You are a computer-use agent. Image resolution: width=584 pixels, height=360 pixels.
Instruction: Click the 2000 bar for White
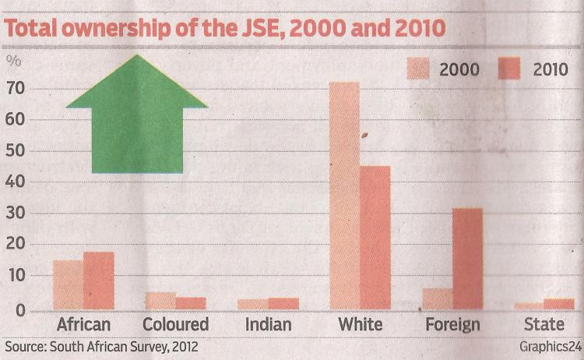tap(344, 196)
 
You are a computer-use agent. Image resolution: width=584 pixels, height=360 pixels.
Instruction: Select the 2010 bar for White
tap(375, 238)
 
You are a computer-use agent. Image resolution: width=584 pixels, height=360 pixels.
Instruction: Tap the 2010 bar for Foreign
tap(467, 259)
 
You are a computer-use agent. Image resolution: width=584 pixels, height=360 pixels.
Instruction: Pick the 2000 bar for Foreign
tap(437, 299)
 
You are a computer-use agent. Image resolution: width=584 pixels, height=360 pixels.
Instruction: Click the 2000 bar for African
tap(68, 284)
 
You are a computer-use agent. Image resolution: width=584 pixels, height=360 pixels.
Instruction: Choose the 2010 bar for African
tap(99, 281)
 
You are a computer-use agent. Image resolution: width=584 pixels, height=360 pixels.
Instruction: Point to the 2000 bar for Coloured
tap(160, 301)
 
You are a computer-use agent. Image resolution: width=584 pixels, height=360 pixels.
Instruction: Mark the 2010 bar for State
tap(558, 304)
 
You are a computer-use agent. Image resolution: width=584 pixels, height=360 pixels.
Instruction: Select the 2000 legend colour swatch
tap(417, 69)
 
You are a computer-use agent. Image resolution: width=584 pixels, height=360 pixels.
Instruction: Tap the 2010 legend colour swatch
tap(511, 69)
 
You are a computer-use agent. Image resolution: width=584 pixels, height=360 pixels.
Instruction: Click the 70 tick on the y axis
tap(17, 88)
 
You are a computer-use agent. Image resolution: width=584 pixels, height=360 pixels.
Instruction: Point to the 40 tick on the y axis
tap(17, 182)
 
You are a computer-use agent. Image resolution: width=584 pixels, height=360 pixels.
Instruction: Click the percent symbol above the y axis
tap(15, 60)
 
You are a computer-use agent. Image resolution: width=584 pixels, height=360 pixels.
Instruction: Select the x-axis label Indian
tap(269, 324)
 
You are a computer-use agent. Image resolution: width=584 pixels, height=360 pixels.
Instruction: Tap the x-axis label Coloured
tap(175, 324)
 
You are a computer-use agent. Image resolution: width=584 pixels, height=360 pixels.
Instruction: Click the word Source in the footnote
tap(25, 345)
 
